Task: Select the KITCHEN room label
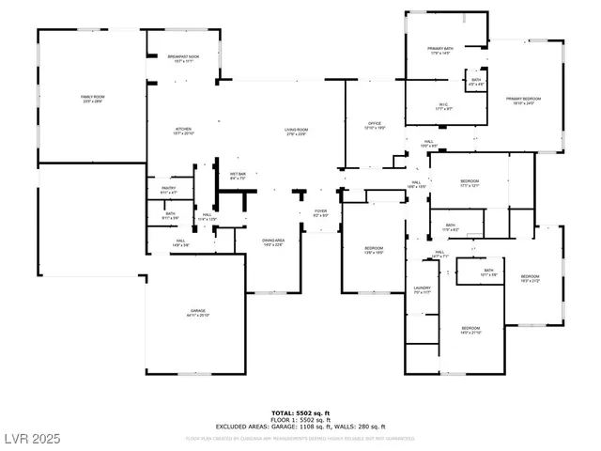(183, 132)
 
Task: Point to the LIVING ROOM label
(297, 132)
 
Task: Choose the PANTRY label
(168, 191)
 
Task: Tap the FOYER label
(320, 213)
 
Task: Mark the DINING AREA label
(272, 243)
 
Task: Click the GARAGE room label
(198, 313)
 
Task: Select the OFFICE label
(374, 125)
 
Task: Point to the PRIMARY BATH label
(440, 50)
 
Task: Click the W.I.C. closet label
(443, 106)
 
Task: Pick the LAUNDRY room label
(422, 289)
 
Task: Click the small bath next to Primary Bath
(476, 82)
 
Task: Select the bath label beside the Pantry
(170, 215)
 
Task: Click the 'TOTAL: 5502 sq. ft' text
(300, 412)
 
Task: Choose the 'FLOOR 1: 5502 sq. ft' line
(300, 419)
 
